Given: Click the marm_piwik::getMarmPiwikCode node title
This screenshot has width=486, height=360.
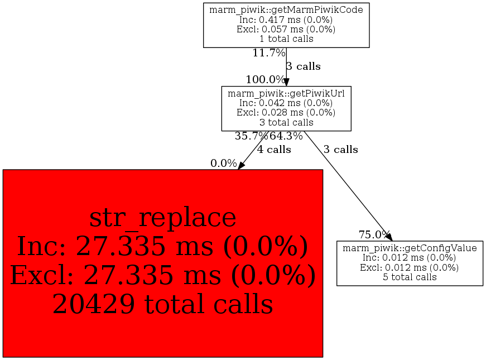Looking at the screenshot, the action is coord(286,10).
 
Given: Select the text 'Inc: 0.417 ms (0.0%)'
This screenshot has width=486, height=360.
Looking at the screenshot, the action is coord(286,20).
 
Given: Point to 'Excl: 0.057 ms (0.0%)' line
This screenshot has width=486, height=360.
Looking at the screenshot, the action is coord(286,29).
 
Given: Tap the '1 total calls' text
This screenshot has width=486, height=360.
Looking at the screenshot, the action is coord(286,39).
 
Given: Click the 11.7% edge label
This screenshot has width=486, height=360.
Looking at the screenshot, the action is coord(269,53).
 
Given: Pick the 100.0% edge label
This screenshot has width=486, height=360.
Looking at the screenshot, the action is coord(265,80).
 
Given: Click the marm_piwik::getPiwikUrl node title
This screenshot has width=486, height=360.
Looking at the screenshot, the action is coord(286,93).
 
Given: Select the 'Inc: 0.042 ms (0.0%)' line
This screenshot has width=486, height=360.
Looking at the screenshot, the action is coord(286,103).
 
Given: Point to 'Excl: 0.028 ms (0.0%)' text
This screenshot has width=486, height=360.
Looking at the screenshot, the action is coord(286,113).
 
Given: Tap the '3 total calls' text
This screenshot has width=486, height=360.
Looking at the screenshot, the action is coord(286,122).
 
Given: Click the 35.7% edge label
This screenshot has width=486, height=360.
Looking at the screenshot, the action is coord(251,136).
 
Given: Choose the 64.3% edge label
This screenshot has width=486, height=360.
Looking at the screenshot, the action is coord(286,136).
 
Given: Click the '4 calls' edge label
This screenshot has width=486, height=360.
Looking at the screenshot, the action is coord(274,150).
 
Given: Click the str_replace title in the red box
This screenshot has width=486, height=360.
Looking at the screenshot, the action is coord(163,218).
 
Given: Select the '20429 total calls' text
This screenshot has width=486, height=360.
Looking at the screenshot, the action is coord(163,304).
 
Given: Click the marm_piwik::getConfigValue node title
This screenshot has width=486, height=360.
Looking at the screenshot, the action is coord(410,248).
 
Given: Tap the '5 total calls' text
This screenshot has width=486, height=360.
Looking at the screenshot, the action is coord(410,277).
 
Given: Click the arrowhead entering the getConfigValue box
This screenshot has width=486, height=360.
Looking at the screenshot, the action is coord(389,237).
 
